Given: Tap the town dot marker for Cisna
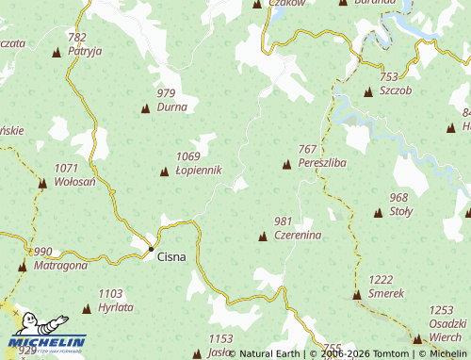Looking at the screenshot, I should [151, 249].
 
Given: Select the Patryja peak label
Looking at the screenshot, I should [85, 51].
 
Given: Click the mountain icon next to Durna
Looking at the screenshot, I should [145, 109].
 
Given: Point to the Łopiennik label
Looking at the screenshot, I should [199, 171].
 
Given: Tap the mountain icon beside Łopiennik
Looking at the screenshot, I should [164, 172].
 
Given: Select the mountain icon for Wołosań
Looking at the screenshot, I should [42, 183].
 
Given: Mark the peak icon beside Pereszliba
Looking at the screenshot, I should [286, 166].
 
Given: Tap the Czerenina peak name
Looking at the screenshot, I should [299, 235].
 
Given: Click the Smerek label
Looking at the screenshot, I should [386, 293].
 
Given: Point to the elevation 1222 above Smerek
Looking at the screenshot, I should [381, 280].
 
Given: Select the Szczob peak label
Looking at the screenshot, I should [396, 90].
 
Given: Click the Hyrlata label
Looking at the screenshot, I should [116, 307].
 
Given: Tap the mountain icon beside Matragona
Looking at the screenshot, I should [22, 268].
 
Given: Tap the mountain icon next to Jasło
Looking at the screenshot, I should [197, 353].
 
